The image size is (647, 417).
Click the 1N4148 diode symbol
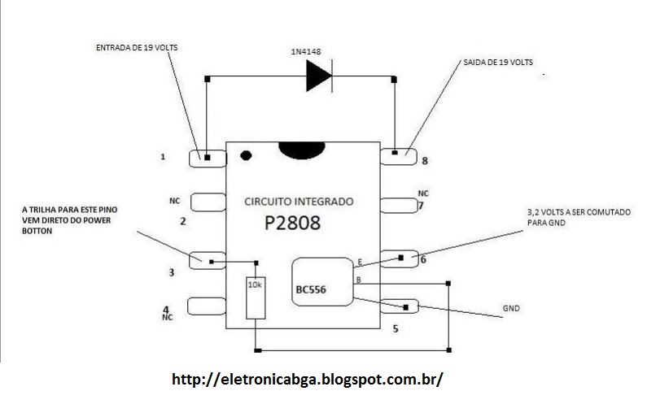pos(319,76)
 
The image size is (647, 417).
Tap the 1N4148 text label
pos(306,51)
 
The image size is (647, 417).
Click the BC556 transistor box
pos(322,282)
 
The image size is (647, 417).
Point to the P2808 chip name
pos(292,223)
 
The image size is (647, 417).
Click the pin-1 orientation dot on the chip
pos(246,155)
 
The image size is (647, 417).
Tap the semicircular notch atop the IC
pos(302,150)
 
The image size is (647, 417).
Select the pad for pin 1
pos(208,159)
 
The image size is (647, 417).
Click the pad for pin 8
pos(398,157)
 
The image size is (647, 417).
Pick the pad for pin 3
pos(208,260)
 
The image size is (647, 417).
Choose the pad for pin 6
pos(399,258)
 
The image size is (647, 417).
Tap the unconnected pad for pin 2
pos(208,202)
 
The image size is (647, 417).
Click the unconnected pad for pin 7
pos(399,205)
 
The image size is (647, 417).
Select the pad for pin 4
pos(207,306)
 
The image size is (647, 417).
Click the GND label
pos(511,308)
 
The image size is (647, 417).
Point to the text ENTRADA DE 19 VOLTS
pos(137,47)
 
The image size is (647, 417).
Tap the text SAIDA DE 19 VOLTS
pos(498,63)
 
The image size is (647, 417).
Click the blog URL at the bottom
pos(308,379)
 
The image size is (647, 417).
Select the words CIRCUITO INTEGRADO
pos(299,202)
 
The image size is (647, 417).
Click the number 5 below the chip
pos(396,329)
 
